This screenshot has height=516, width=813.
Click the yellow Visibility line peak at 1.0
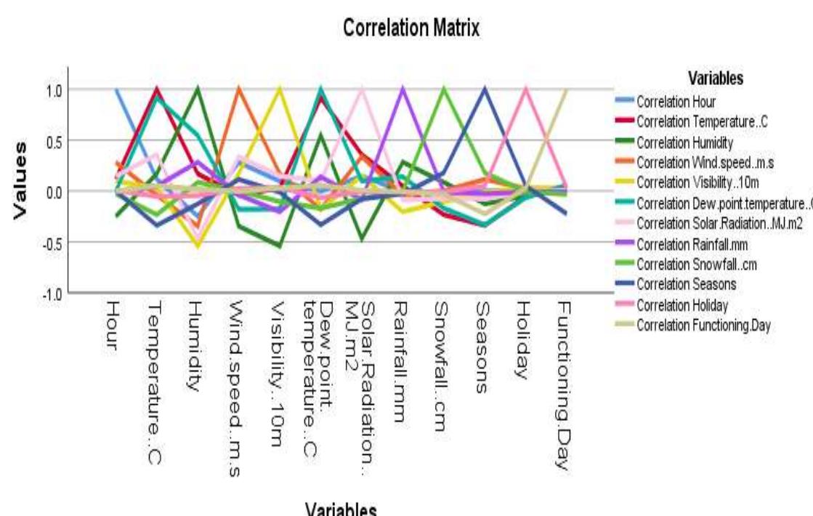[x=279, y=89]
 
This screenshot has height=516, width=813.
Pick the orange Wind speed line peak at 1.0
[x=238, y=89]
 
